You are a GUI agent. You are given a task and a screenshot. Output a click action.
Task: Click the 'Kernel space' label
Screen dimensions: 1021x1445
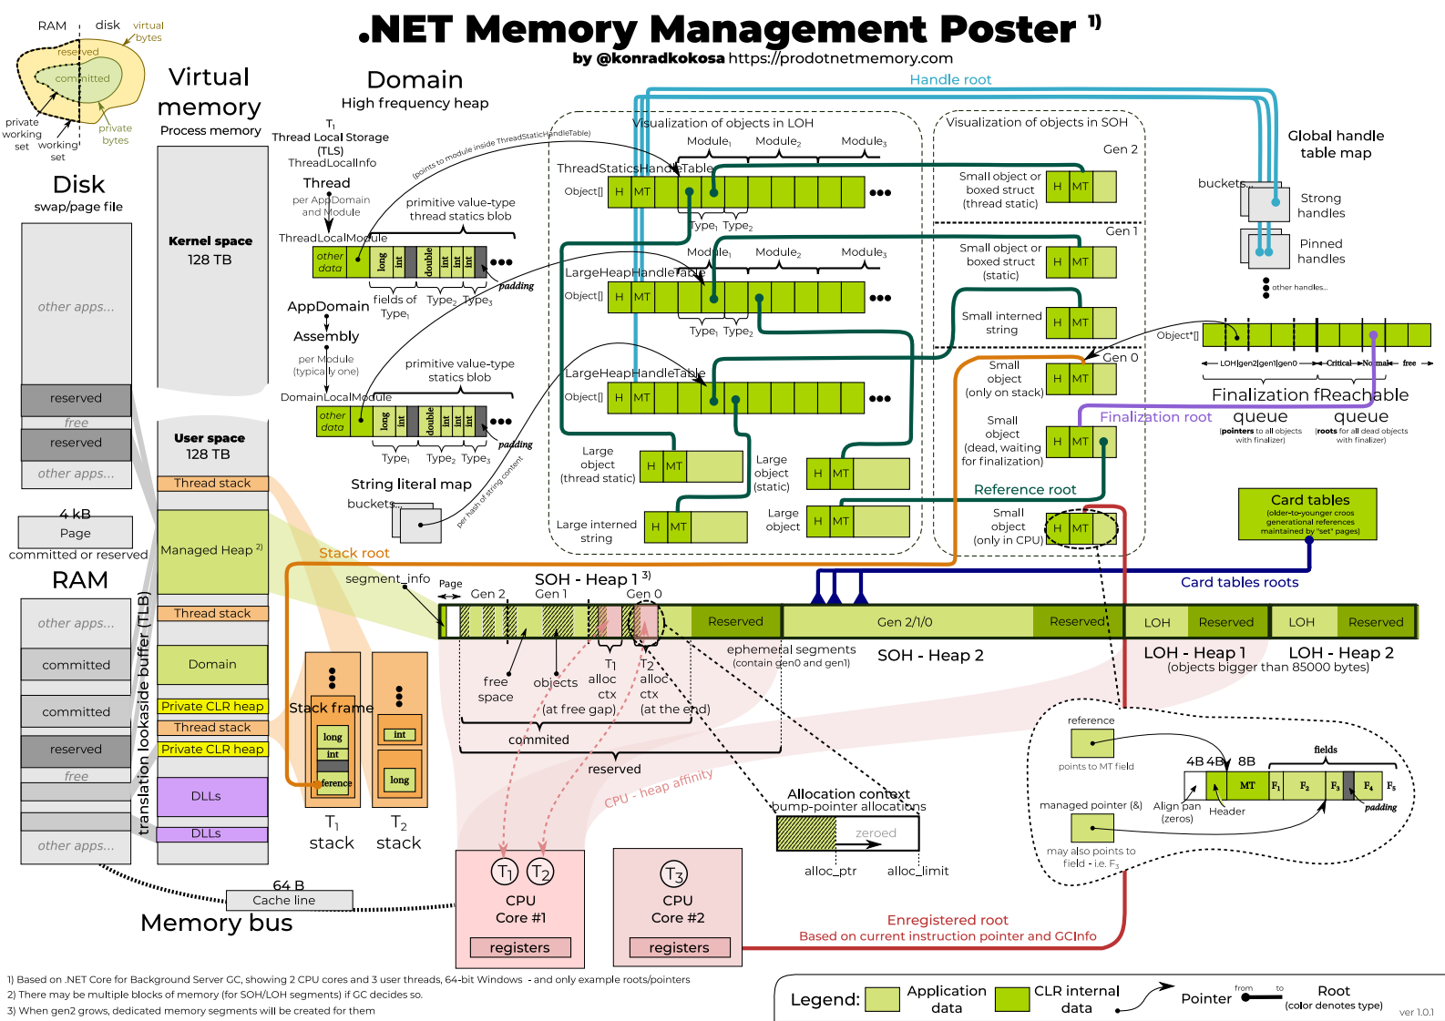point(210,241)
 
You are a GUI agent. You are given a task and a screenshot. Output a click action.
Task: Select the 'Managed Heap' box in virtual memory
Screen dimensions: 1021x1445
point(212,550)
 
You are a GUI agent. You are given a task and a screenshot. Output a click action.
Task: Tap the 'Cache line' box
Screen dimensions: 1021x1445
point(283,900)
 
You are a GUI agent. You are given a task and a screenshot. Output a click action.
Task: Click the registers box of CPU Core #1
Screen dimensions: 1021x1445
point(519,947)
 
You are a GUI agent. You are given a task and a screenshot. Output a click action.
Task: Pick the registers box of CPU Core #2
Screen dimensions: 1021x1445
point(679,947)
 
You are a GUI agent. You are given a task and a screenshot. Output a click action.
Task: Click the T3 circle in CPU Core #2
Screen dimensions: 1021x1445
point(673,874)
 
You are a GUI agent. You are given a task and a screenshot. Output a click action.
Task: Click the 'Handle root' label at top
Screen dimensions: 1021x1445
point(950,80)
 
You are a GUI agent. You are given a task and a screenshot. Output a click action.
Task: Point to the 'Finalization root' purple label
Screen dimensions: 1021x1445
point(1155,417)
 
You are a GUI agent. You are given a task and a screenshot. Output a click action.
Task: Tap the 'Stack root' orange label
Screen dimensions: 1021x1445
point(354,553)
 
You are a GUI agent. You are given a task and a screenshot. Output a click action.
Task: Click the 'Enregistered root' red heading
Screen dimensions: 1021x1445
point(948,920)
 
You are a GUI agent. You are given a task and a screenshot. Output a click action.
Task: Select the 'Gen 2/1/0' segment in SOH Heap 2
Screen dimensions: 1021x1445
point(905,622)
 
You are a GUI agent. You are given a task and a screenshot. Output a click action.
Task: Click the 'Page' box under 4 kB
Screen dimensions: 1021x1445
point(76,533)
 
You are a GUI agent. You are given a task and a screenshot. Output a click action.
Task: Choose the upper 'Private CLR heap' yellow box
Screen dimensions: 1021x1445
point(212,706)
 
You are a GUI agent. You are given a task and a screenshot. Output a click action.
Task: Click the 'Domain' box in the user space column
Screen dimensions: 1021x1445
point(212,664)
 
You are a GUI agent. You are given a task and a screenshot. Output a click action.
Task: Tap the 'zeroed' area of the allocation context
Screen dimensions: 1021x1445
point(876,832)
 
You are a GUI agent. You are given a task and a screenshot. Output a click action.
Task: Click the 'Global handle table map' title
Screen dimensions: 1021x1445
point(1336,144)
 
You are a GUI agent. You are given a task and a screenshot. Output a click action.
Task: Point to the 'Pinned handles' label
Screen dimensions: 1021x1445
point(1321,251)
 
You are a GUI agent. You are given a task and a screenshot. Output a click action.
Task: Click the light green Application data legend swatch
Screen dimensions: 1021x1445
point(882,999)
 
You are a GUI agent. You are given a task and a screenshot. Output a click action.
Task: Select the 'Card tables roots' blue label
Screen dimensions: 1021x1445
point(1239,582)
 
